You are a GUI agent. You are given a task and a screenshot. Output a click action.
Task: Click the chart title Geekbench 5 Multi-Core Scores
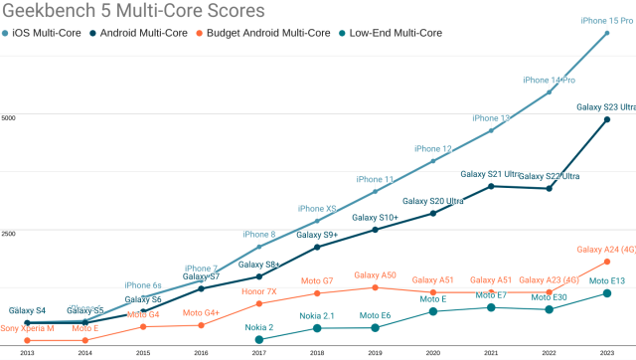134,12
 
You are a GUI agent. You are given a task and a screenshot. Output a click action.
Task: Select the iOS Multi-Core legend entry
49,33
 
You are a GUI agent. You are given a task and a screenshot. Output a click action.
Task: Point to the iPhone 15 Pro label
607,20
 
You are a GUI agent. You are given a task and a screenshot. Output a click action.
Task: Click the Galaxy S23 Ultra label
606,107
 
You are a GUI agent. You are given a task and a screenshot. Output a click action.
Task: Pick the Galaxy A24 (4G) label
606,250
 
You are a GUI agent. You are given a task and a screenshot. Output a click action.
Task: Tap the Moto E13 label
606,281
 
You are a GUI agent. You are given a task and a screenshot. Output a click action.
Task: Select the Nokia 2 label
258,326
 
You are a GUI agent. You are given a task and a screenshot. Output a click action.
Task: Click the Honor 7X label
258,291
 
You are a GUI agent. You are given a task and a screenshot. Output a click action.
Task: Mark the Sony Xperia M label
27,328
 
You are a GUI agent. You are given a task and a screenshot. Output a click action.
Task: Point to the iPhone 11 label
375,179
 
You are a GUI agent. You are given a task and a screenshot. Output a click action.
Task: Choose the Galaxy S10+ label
375,217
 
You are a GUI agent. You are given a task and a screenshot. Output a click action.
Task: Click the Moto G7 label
316,280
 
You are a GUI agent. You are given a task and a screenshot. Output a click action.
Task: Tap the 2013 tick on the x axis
27,353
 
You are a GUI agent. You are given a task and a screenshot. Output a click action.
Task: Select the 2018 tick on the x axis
316,353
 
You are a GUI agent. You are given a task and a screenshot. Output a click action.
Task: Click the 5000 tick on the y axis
9,117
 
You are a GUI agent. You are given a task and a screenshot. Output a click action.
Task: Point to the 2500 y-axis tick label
9,235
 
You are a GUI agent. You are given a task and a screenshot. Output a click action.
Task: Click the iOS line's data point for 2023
606,33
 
